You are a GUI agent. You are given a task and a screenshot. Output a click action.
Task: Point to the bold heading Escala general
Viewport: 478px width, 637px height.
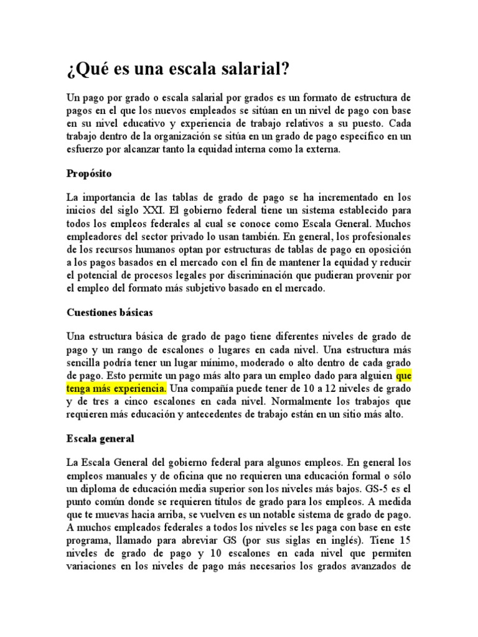click(100, 439)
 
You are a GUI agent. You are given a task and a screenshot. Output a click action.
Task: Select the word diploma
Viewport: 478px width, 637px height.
click(106, 490)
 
